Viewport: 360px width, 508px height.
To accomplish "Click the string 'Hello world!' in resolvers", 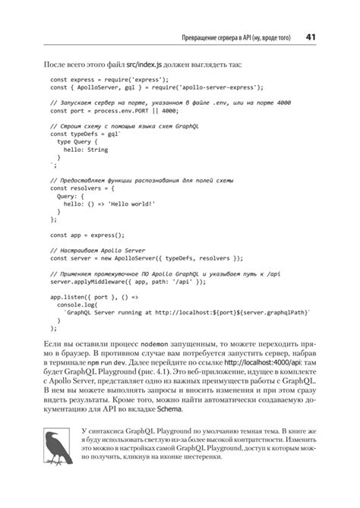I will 132,204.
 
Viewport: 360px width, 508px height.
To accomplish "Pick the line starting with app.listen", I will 94,297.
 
